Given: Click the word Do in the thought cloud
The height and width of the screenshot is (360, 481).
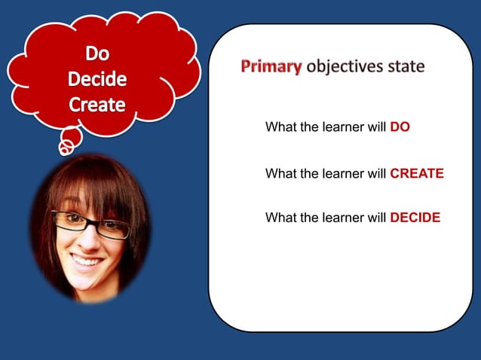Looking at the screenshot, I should tap(97, 53).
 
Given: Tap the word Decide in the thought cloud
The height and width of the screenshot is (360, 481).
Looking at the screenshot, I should tap(97, 79).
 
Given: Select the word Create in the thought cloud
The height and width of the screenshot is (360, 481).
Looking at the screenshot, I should tap(97, 105).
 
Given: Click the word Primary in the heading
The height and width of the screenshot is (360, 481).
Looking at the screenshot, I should tap(271, 66).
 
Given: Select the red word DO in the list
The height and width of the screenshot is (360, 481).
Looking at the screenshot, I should tap(400, 127).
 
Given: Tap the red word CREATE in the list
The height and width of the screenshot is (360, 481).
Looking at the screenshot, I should tap(416, 173).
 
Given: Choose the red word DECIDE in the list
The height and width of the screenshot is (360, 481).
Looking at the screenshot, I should tap(415, 218).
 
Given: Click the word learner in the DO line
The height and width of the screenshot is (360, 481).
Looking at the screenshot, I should tap(343, 127).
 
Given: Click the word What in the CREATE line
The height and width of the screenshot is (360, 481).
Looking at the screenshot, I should tap(280, 173).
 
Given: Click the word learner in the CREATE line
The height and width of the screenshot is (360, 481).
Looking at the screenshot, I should tap(343, 173).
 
